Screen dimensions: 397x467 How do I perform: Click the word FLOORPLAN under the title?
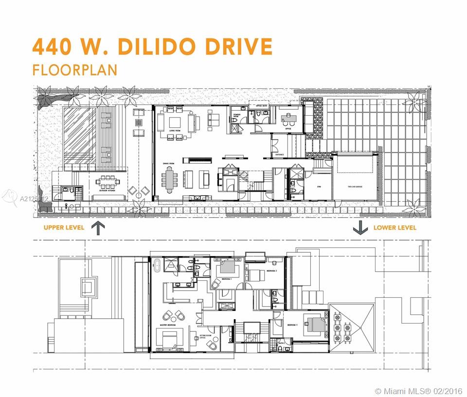coord(74,69)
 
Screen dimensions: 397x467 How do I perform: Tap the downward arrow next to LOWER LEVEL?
coord(359,227)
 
